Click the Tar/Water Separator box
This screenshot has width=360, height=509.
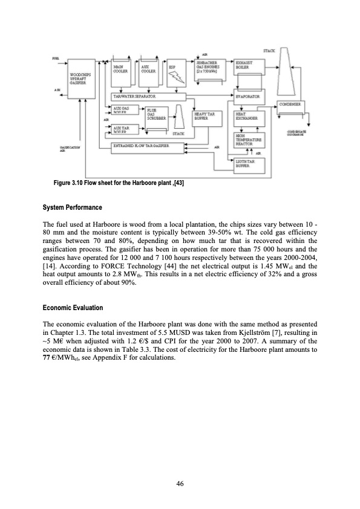pos(171,96)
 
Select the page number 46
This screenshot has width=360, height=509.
pos(180,482)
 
